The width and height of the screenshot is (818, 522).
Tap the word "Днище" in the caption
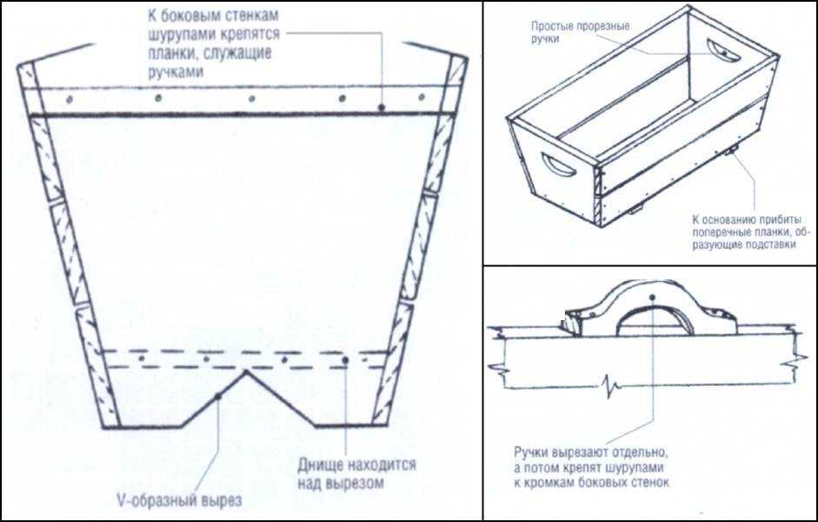[320, 464]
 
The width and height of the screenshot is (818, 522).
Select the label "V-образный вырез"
[179, 501]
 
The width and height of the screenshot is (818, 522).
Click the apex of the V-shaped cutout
[246, 371]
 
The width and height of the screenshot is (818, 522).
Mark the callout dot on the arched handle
[652, 297]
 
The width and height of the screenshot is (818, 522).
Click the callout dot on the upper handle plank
[382, 107]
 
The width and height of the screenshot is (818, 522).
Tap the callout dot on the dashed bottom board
[345, 360]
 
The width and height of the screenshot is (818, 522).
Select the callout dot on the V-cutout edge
[218, 397]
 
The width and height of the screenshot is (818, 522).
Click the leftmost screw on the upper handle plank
[69, 98]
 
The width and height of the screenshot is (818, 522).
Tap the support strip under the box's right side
[732, 151]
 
